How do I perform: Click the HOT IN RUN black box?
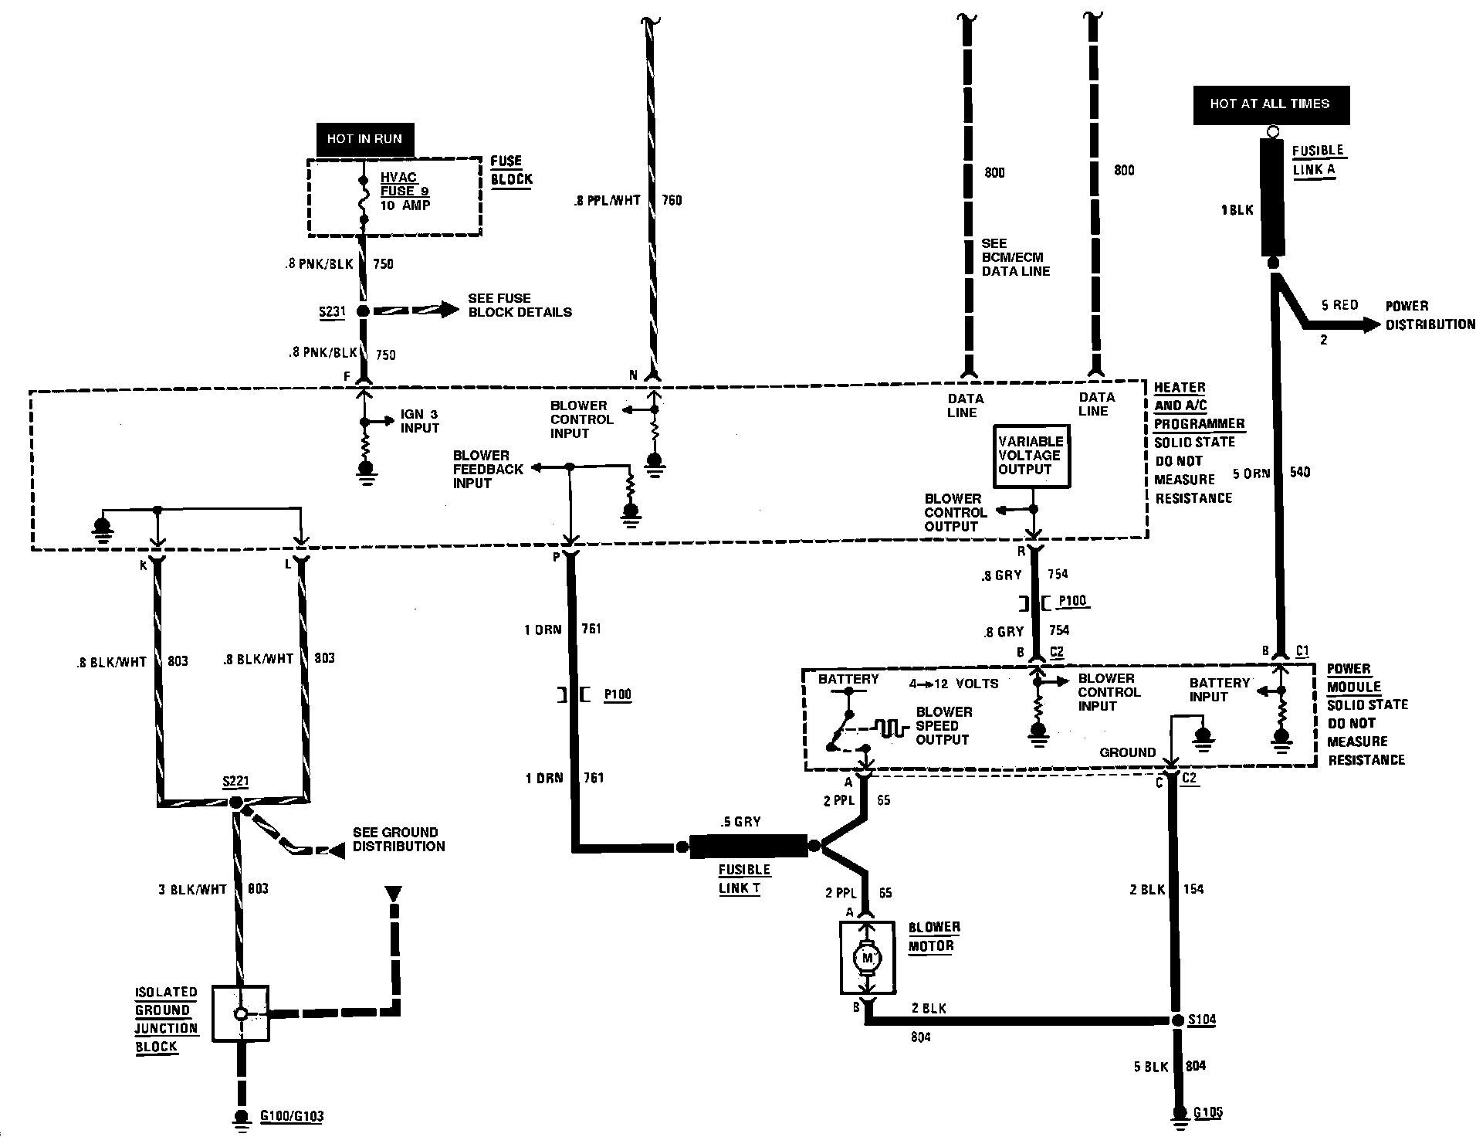pos(364,139)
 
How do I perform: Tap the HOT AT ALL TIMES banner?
pos(1270,104)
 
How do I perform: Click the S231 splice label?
pos(332,312)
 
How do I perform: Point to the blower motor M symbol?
pos(866,959)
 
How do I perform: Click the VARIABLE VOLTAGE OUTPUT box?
pos(1031,456)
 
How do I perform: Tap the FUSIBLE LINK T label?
pos(744,879)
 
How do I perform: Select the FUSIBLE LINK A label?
pos(1318,161)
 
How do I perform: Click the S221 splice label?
pos(235,782)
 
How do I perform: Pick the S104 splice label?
pos(1202,1020)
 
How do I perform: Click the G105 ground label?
pos(1208,1113)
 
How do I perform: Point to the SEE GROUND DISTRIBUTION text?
pos(398,839)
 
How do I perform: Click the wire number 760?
pos(672,200)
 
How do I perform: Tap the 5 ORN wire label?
pos(1251,473)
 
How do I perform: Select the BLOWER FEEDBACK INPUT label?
pos(488,469)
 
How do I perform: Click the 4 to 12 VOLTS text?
pos(954,684)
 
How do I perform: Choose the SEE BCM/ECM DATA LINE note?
pos(1015,257)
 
